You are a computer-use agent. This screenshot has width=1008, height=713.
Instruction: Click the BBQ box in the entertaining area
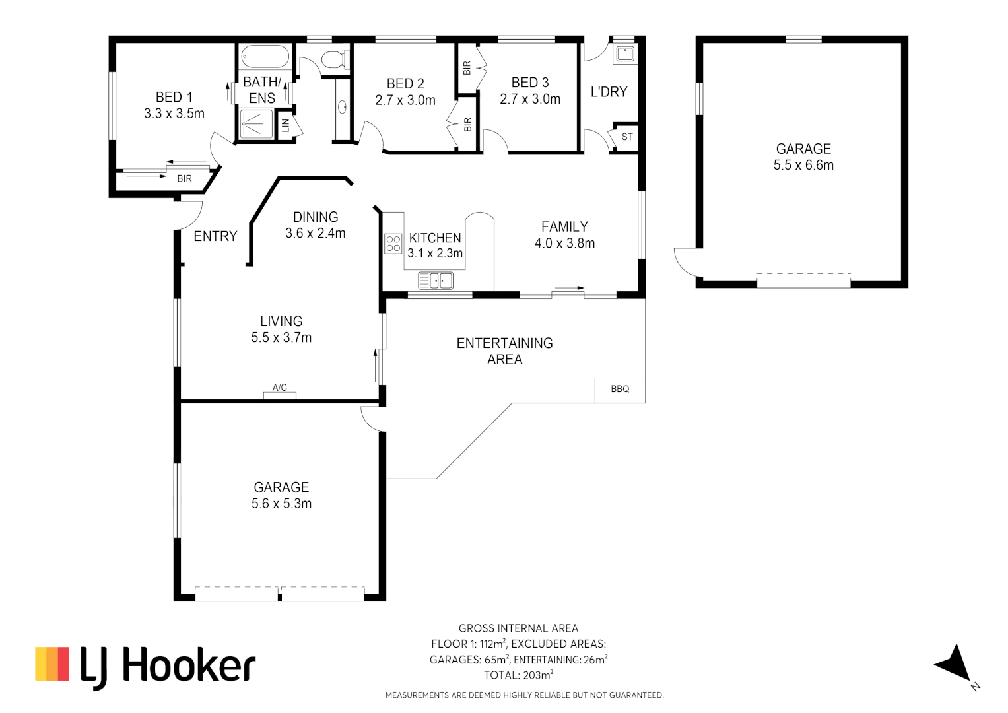click(x=620, y=390)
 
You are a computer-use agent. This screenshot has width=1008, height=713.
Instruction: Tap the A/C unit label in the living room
click(x=280, y=388)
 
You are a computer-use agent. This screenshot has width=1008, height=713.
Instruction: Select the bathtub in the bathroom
click(x=265, y=56)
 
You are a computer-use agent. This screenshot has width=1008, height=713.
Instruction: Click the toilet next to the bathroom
click(x=335, y=59)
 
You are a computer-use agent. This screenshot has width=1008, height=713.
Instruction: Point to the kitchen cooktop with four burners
click(x=393, y=244)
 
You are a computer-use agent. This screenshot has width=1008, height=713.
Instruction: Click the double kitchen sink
click(x=436, y=281)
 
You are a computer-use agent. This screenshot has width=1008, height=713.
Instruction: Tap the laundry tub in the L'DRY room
click(x=624, y=53)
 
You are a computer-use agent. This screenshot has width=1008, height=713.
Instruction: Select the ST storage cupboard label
click(x=627, y=137)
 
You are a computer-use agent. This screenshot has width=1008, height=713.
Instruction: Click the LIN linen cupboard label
click(x=286, y=125)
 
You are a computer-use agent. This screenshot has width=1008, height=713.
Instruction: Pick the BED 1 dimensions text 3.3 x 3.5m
click(x=174, y=114)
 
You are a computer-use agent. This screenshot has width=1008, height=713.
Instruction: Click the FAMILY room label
click(x=564, y=227)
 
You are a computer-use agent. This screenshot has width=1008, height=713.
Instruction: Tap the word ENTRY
click(x=215, y=236)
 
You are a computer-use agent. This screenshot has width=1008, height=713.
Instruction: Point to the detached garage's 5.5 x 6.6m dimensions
click(x=803, y=166)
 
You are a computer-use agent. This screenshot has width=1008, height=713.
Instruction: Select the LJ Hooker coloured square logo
click(x=52, y=664)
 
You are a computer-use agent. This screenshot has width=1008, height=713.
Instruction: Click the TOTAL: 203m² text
click(x=518, y=675)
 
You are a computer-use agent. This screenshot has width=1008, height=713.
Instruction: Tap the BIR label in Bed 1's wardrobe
click(x=184, y=179)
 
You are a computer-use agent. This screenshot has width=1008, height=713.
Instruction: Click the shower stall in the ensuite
click(x=256, y=123)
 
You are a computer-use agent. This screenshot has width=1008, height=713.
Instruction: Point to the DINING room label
click(x=316, y=217)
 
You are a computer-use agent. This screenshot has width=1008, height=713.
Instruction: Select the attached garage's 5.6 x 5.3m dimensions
click(x=281, y=504)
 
